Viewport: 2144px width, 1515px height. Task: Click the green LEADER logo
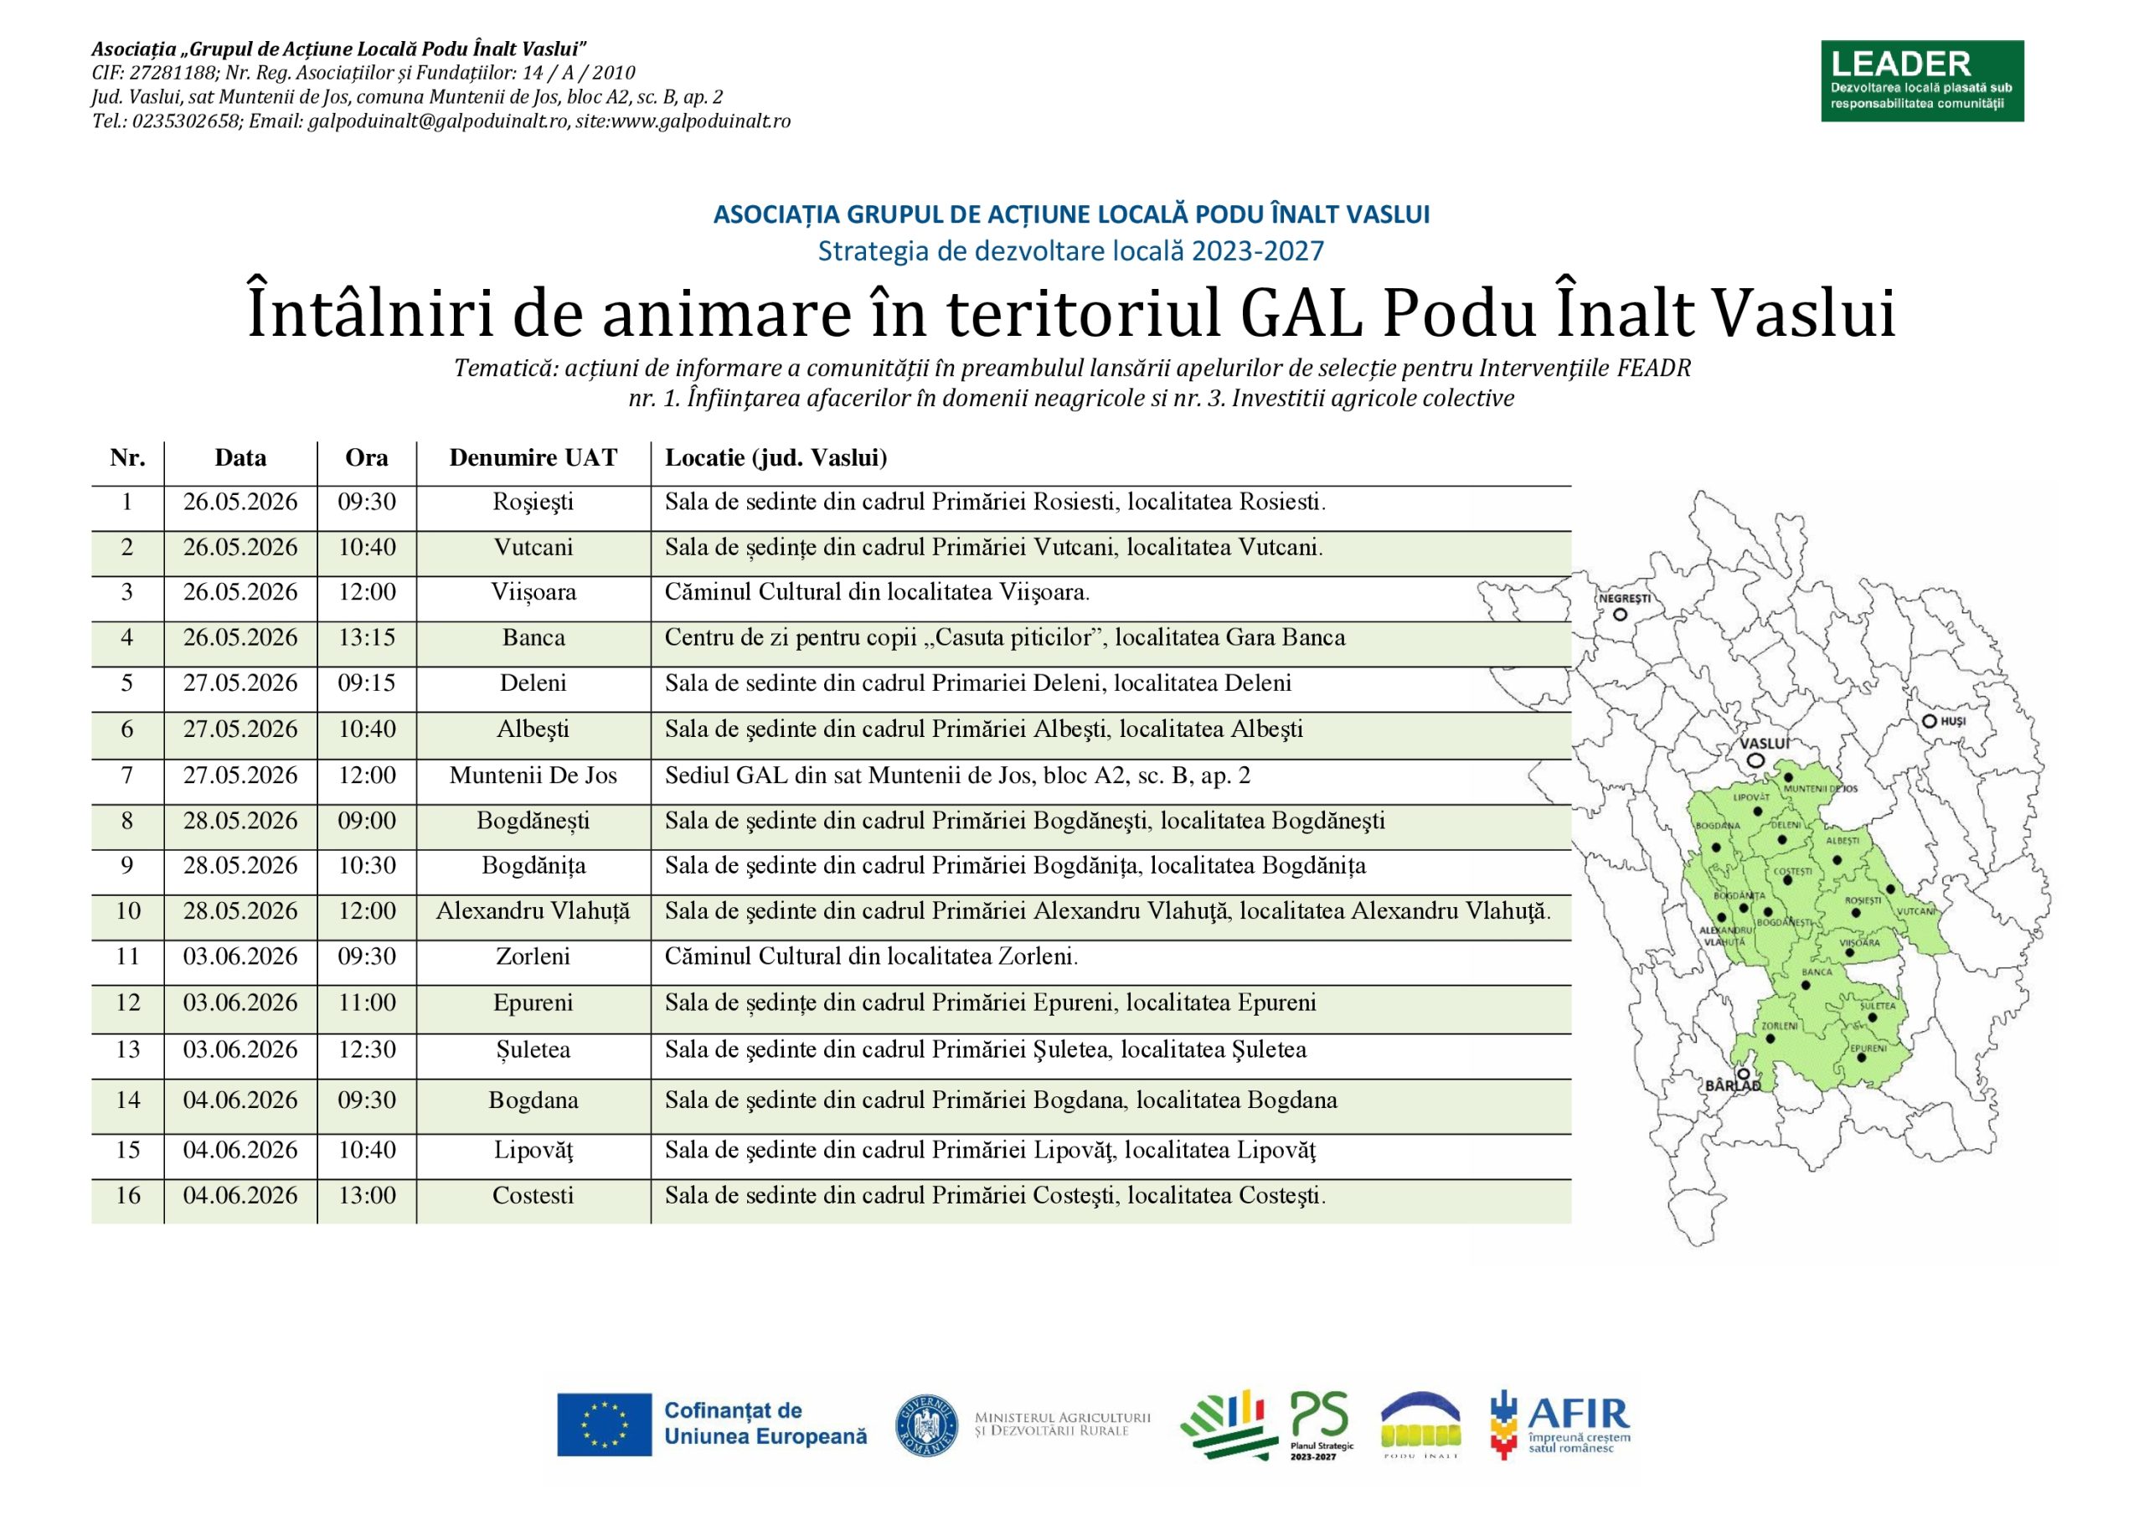pos(1922,81)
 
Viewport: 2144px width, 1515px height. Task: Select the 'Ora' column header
pos(367,457)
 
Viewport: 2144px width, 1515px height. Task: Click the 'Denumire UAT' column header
pos(533,457)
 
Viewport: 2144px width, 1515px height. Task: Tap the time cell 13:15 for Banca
pos(367,638)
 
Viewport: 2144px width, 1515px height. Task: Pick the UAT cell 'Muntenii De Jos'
pos(533,776)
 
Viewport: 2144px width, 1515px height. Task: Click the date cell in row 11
pos(240,956)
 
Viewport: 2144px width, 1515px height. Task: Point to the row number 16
pos(128,1196)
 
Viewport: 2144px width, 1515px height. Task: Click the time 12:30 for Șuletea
pos(367,1050)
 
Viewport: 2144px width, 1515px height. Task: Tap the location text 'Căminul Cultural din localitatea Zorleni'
pos(871,956)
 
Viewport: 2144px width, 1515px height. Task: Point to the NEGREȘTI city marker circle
pos(1620,615)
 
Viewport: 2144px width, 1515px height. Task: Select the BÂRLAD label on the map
pos(1733,1086)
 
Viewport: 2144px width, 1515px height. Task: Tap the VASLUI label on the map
pos(1765,744)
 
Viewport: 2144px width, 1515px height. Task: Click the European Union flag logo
pos(604,1425)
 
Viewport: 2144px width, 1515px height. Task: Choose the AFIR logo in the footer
pos(1559,1425)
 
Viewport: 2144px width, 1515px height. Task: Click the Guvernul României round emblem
pos(926,1426)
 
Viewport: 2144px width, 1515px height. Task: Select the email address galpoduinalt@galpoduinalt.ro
pos(438,121)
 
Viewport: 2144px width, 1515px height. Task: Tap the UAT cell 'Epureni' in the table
pos(533,1003)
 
